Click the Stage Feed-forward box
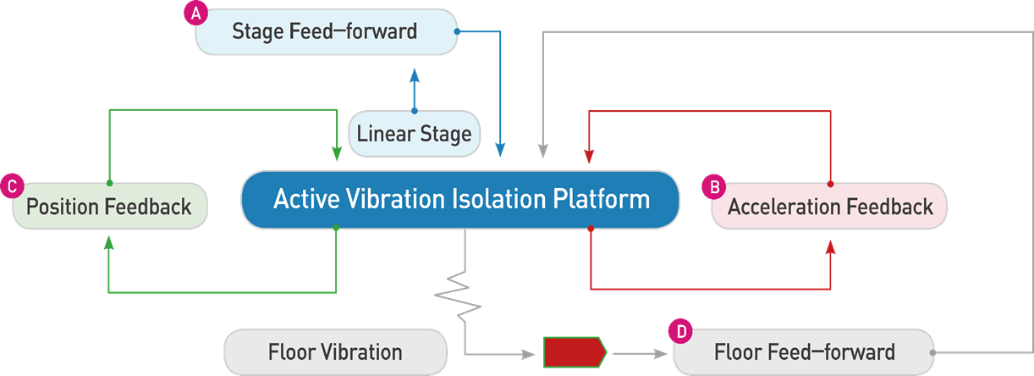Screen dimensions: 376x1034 click(x=325, y=32)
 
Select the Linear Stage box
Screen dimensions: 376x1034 click(x=414, y=134)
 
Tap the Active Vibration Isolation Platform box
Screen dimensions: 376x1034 click(x=460, y=200)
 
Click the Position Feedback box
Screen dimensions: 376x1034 click(x=108, y=206)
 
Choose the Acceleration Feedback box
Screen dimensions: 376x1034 click(x=829, y=206)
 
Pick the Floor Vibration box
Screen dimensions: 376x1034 click(x=334, y=351)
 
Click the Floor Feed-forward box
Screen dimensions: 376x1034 click(x=803, y=351)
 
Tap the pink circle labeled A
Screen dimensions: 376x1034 click(x=196, y=14)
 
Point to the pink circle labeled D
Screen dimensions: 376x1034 click(x=679, y=330)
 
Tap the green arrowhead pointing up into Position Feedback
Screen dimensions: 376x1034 click(x=108, y=243)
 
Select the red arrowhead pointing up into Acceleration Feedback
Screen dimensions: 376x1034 click(x=830, y=246)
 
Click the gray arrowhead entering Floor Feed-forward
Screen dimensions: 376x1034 click(x=663, y=351)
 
